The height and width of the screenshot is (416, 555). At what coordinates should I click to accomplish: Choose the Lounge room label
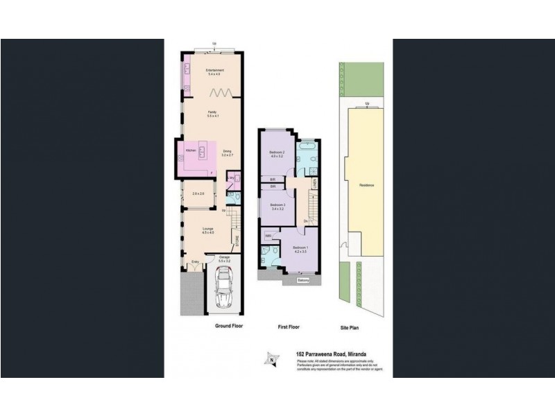[x=207, y=229]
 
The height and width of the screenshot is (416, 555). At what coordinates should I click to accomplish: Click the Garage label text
[x=224, y=258]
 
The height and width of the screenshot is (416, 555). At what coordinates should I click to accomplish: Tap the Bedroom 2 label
[x=277, y=154]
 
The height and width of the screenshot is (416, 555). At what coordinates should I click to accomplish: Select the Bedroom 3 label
[x=277, y=206]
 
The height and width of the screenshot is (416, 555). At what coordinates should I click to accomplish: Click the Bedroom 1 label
[x=299, y=249]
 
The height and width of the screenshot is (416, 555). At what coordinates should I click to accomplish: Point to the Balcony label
[x=303, y=281]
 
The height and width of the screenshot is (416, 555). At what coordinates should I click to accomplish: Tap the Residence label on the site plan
[x=366, y=186]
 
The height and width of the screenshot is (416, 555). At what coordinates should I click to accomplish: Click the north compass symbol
[x=271, y=359]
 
